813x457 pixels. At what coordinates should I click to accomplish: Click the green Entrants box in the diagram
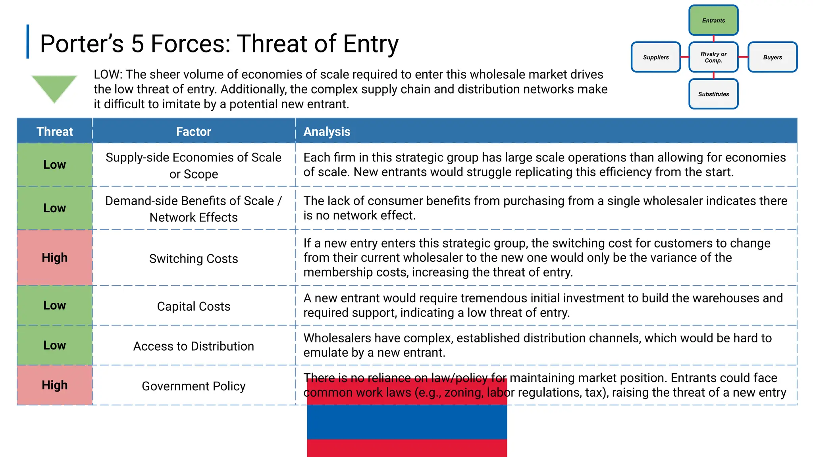(713, 20)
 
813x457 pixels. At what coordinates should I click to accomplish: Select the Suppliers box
(656, 57)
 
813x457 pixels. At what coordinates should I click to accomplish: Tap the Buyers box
(772, 57)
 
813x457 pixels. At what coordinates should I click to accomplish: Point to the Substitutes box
(713, 94)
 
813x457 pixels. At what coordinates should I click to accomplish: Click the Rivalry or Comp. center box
(713, 57)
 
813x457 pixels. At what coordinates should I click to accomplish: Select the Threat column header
(55, 131)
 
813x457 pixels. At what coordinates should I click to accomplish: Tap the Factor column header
(193, 131)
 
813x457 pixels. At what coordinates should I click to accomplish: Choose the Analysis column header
(327, 131)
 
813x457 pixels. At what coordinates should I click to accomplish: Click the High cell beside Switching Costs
(55, 257)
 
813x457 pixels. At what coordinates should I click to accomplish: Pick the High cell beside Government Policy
(55, 385)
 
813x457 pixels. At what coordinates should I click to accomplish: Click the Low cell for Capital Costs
(55, 305)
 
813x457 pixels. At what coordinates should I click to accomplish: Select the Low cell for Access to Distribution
(55, 345)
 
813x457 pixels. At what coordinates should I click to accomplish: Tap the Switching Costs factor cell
(193, 259)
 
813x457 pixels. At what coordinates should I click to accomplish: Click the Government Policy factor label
(193, 386)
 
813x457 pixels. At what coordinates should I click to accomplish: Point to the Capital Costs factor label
(193, 306)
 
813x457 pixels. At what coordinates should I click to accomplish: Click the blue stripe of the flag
(407, 422)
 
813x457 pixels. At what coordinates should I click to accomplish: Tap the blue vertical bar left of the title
(28, 42)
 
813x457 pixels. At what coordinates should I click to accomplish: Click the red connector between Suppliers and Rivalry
(685, 57)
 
